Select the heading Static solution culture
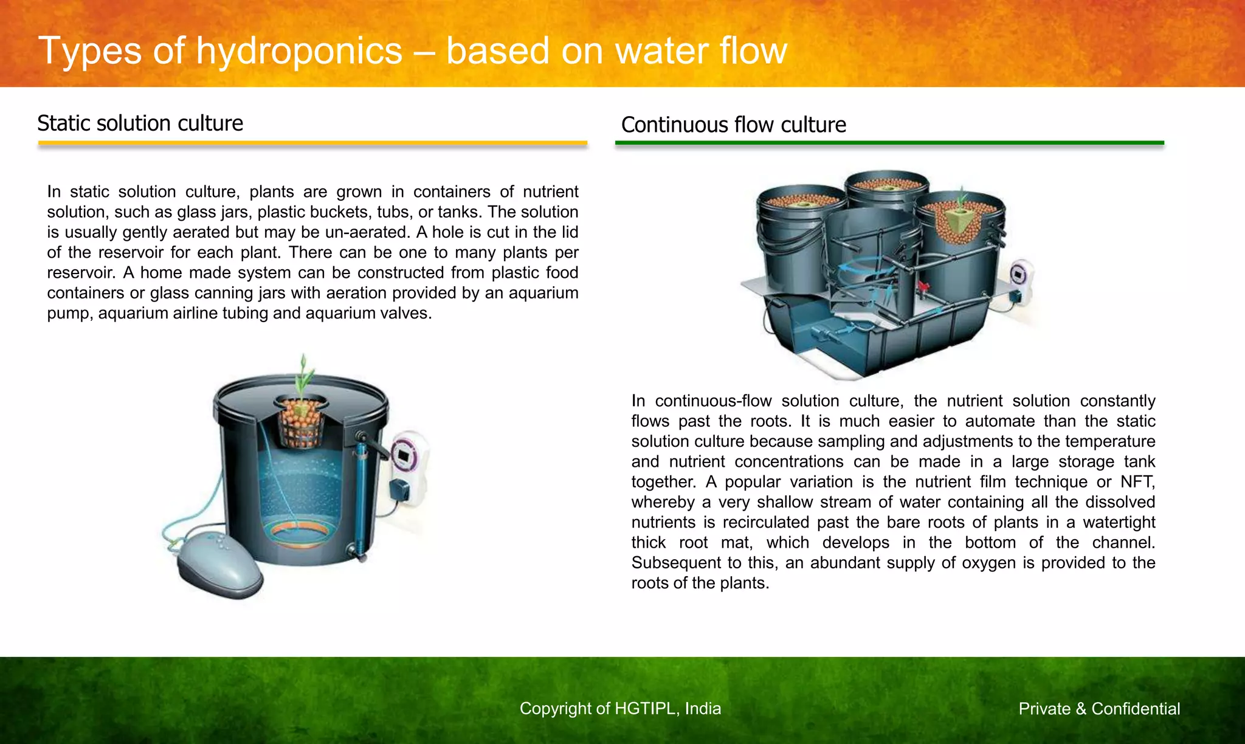tap(140, 123)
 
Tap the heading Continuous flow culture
tap(733, 125)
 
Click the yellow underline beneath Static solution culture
tap(312, 144)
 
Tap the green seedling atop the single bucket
tap(304, 377)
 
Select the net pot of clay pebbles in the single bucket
tap(301, 421)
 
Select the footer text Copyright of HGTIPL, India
tap(620, 709)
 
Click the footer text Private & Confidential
tap(1099, 709)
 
